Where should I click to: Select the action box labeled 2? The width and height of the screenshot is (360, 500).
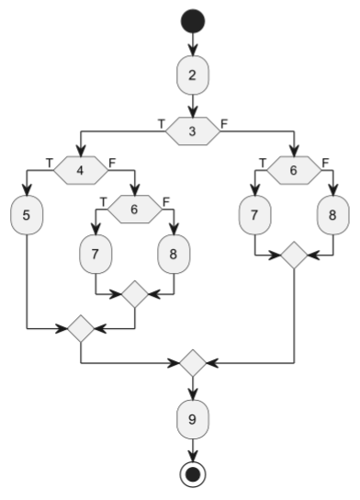[x=192, y=75]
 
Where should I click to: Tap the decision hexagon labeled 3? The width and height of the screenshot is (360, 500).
[x=192, y=131]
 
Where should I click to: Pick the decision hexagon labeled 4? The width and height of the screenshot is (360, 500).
[x=80, y=169]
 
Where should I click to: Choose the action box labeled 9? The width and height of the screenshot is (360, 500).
[x=192, y=420]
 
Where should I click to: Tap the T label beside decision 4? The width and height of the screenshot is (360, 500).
[x=49, y=161]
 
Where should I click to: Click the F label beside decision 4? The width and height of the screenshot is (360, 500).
[x=112, y=161]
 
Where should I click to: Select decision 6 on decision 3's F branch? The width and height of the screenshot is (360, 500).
[x=293, y=169]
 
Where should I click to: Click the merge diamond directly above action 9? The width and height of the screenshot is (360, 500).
[x=192, y=363]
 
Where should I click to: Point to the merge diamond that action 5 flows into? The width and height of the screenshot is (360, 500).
[x=82, y=327]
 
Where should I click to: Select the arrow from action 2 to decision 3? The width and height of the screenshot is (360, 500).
[x=192, y=106]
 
